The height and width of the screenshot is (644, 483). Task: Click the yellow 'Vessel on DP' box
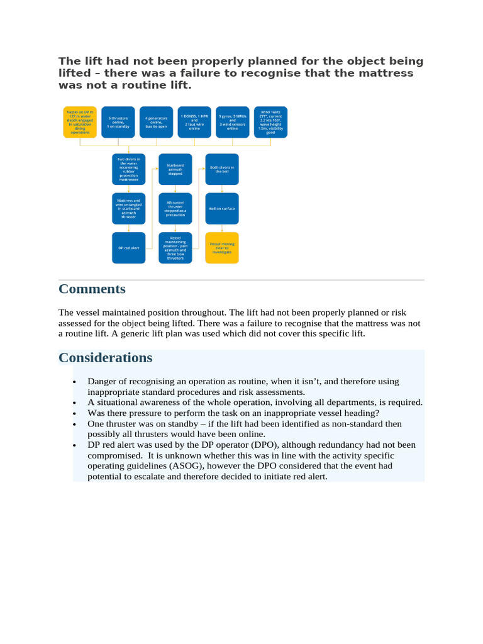[x=80, y=121]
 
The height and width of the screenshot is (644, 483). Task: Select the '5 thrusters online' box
[x=118, y=121]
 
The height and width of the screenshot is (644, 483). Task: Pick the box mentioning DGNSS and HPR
[x=194, y=121]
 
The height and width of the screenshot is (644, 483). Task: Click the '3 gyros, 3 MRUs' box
[x=232, y=121]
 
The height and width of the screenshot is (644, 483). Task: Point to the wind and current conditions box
[x=270, y=121]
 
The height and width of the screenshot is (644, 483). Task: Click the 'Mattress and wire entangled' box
[x=128, y=208]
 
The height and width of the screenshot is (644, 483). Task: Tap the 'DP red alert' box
[x=128, y=248]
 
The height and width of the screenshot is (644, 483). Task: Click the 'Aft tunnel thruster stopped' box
[x=175, y=208]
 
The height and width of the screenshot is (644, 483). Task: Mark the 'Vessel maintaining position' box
[x=175, y=248]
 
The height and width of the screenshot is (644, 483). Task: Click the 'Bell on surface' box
[x=222, y=208]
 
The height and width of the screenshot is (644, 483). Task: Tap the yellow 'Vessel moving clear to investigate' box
[x=222, y=248]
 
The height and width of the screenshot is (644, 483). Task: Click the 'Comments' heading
[x=92, y=289]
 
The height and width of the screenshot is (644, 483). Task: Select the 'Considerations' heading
[x=105, y=358]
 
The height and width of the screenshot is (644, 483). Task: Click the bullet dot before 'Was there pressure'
[x=74, y=413]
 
